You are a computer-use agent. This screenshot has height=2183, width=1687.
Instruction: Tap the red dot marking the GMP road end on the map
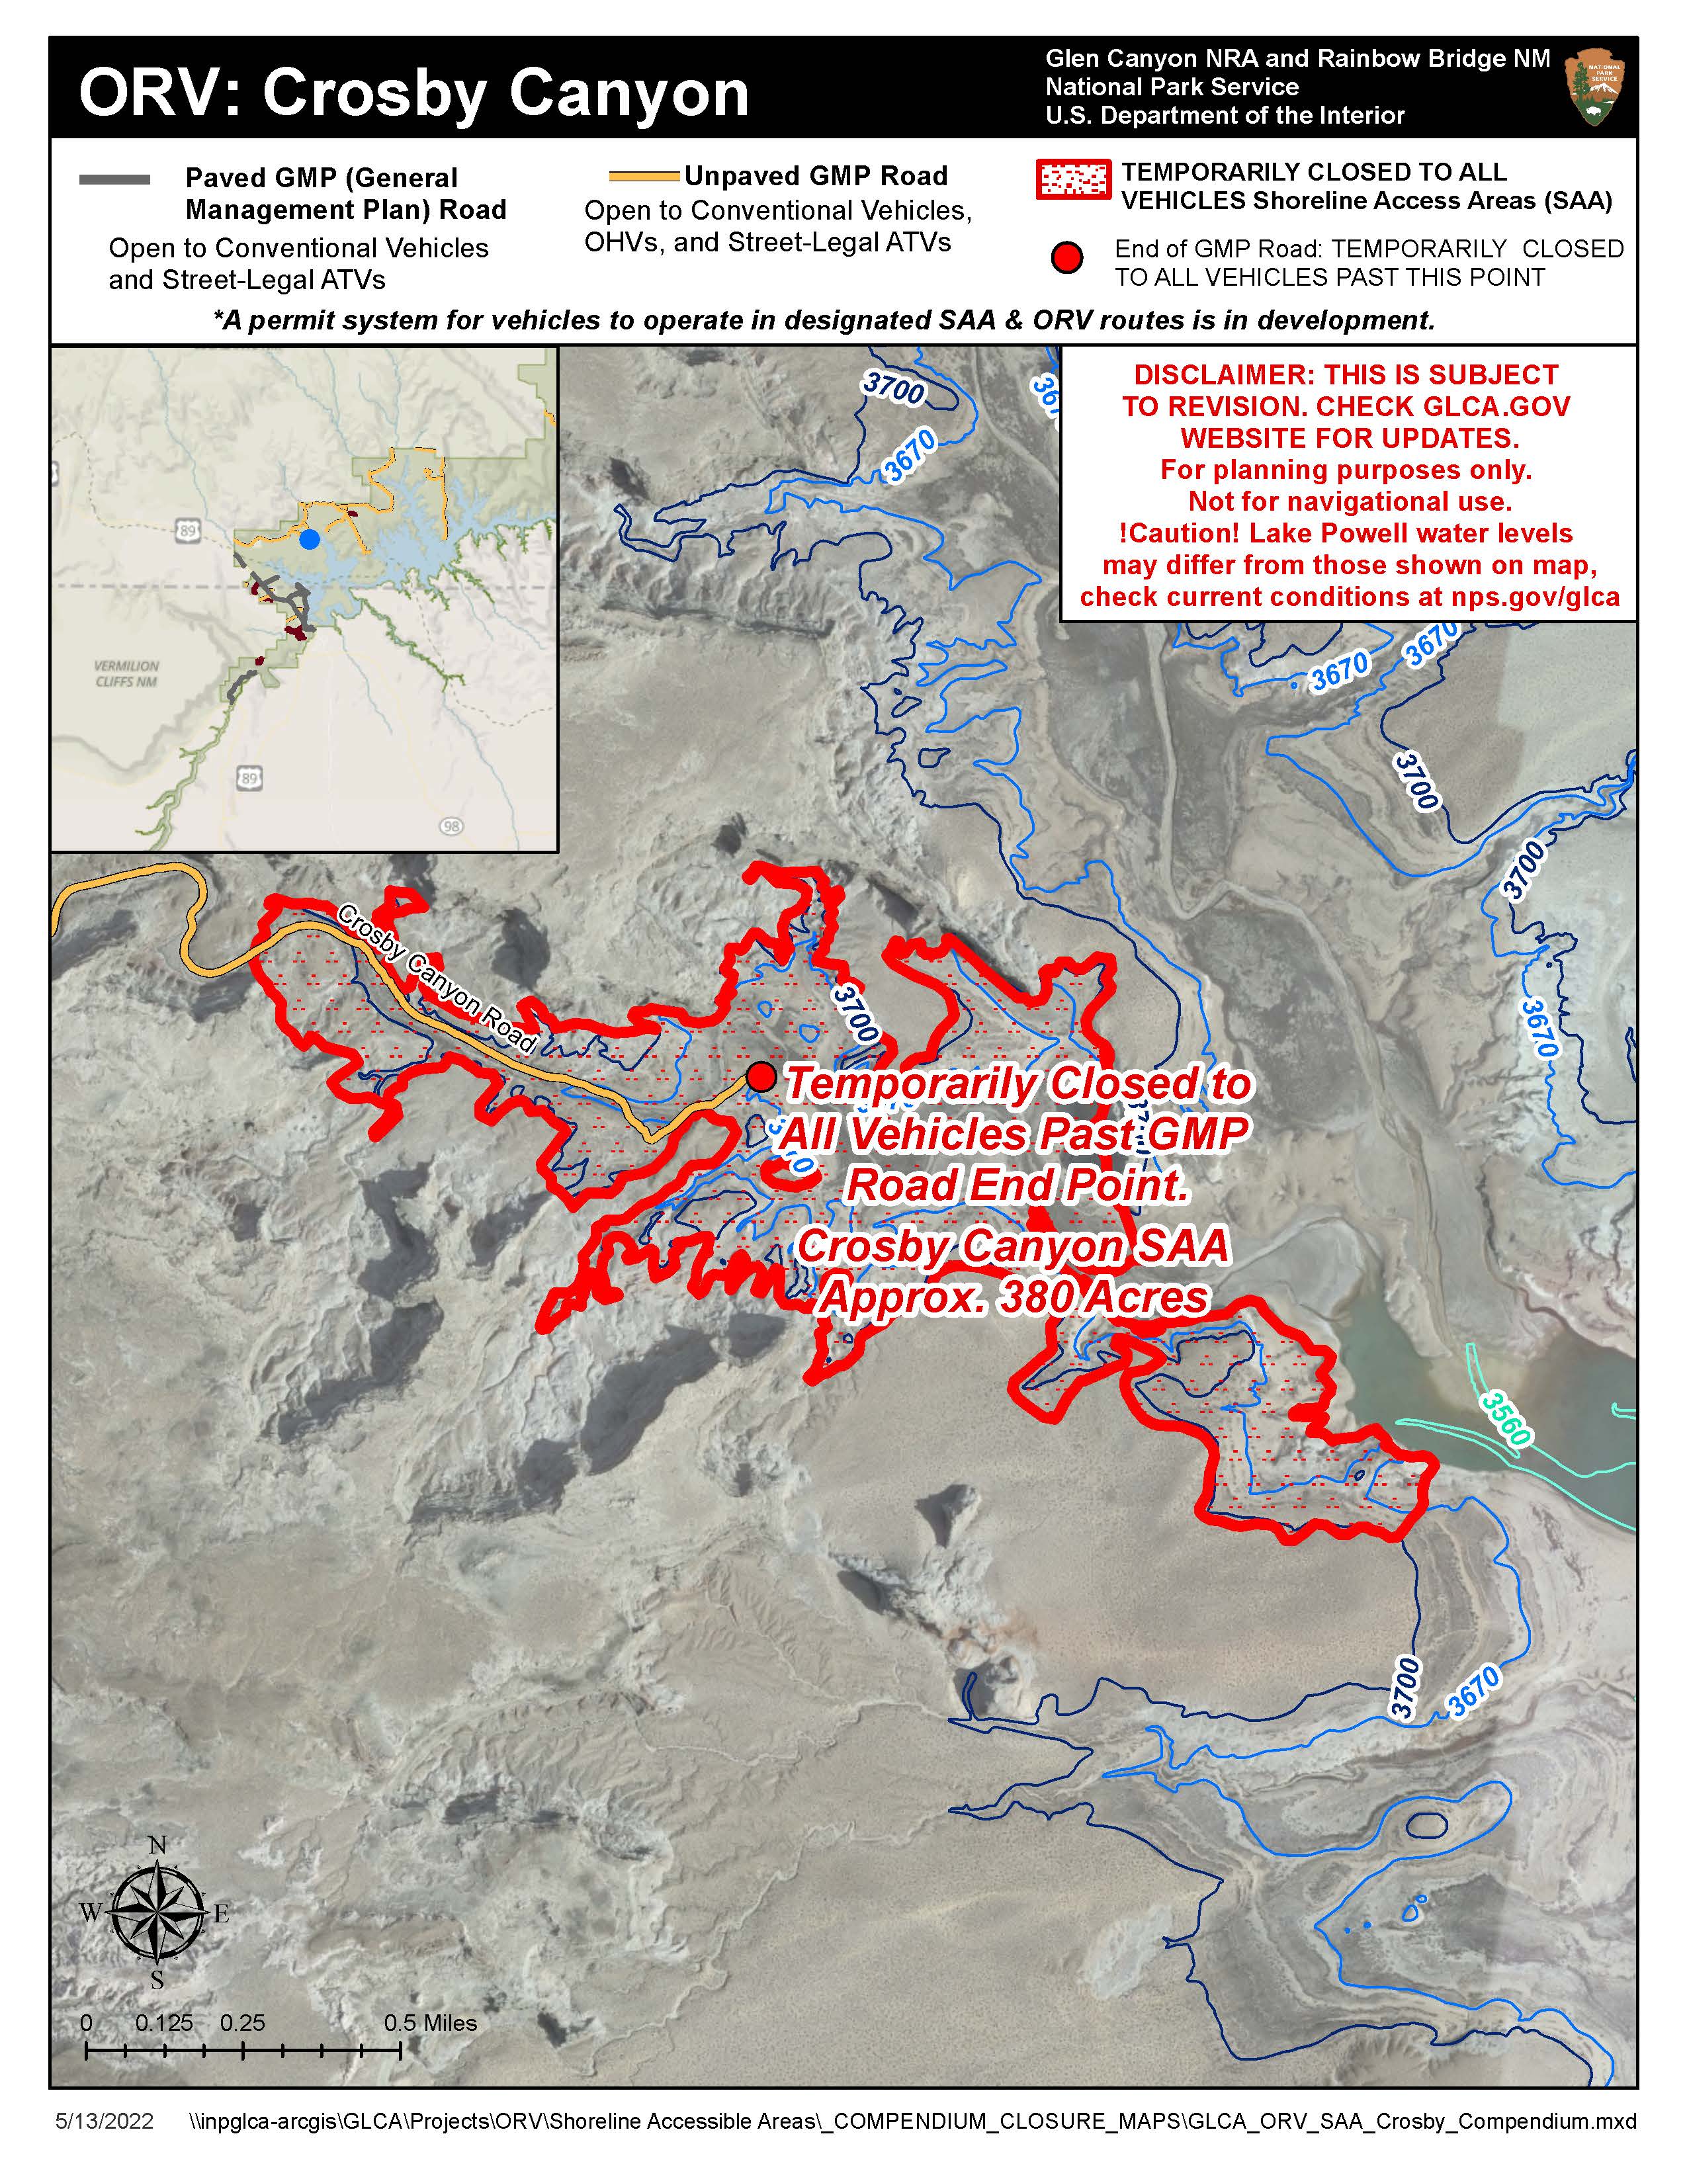[761, 1076]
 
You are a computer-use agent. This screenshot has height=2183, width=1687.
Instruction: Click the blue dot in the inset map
[310, 538]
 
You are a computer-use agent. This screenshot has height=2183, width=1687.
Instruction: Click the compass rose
[157, 1912]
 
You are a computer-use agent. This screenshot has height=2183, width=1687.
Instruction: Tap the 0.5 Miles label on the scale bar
[431, 2023]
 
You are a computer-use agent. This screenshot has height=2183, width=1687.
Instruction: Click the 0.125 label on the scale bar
[165, 2023]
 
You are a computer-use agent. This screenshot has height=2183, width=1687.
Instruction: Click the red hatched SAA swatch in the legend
[1073, 180]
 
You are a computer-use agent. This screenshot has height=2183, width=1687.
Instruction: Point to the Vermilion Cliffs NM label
[127, 673]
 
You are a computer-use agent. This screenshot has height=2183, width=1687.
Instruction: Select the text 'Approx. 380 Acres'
[1014, 1297]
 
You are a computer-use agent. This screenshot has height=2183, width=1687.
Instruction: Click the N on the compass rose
[157, 1845]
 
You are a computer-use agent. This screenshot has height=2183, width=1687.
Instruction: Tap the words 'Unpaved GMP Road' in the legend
[816, 176]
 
